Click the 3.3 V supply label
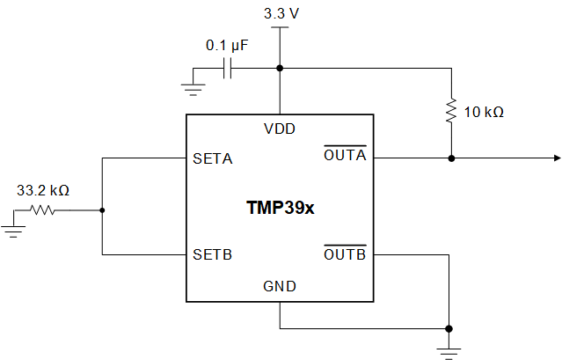pos(280,14)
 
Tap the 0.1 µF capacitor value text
pos(226,44)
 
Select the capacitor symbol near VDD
pos(227,68)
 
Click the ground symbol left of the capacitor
pos(193,86)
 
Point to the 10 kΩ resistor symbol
pos(451,111)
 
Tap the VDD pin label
pos(280,129)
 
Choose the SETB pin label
pos(212,255)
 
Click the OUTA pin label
pos(345,158)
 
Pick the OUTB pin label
pos(345,255)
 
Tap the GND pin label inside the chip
pos(280,286)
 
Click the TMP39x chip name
pos(280,209)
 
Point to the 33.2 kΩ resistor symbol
pos(43,209)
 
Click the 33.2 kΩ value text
pos(43,189)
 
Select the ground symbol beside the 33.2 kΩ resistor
pos(12,227)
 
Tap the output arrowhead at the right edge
pos(556,158)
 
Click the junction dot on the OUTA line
pos(451,158)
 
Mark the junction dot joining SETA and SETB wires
pos(103,209)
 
